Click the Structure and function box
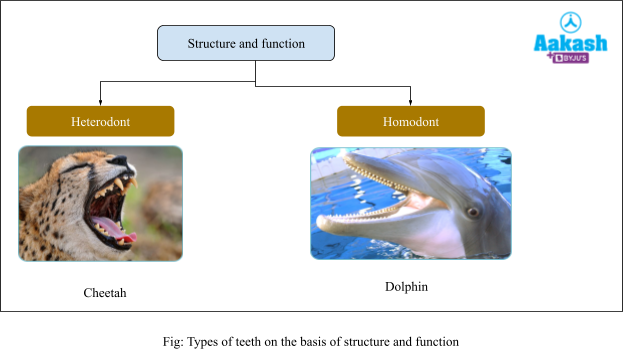245,44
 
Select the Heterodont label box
100,121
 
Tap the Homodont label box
410,121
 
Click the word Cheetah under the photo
105,293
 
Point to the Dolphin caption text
406,287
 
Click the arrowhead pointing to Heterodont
100,102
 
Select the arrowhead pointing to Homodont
410,102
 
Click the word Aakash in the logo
569,43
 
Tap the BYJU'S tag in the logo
574,58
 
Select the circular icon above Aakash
570,22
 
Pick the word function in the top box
285,44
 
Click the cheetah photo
100,203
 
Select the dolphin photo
410,203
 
